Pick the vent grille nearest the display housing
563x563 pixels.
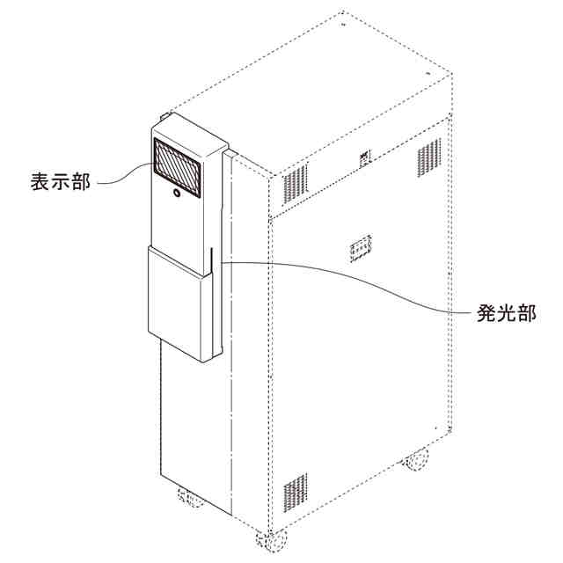(295, 181)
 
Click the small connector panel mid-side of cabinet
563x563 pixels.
(361, 249)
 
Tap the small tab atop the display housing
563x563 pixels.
(166, 117)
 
